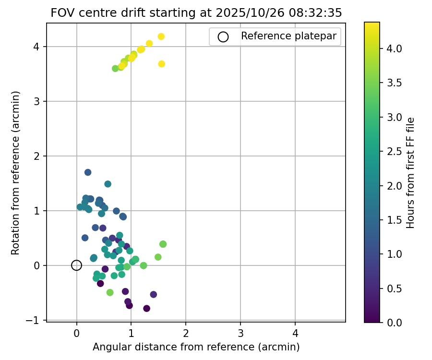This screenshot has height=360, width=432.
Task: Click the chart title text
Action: pos(196,13)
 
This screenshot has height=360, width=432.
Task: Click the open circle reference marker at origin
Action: pos(76,265)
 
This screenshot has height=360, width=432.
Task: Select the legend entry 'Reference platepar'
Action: pos(274,36)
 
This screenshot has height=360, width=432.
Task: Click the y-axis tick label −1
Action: pos(36,320)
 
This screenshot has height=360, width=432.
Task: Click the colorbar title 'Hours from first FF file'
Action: pos(410,173)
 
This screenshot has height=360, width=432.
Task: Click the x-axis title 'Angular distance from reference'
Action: pos(196,347)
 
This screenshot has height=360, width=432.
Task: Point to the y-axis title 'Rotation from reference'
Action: pos(16,173)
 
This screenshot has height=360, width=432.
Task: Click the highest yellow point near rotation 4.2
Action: pos(161,36)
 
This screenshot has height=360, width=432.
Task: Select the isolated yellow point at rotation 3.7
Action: pos(162,64)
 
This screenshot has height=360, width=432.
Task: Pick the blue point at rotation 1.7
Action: pos(88,172)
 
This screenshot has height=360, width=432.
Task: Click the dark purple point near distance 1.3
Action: pos(146,309)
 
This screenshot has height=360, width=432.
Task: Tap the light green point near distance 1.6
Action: pos(163,244)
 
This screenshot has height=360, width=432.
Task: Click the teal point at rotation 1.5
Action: pos(108,184)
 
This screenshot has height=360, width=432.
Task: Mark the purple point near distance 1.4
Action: pos(154,294)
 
